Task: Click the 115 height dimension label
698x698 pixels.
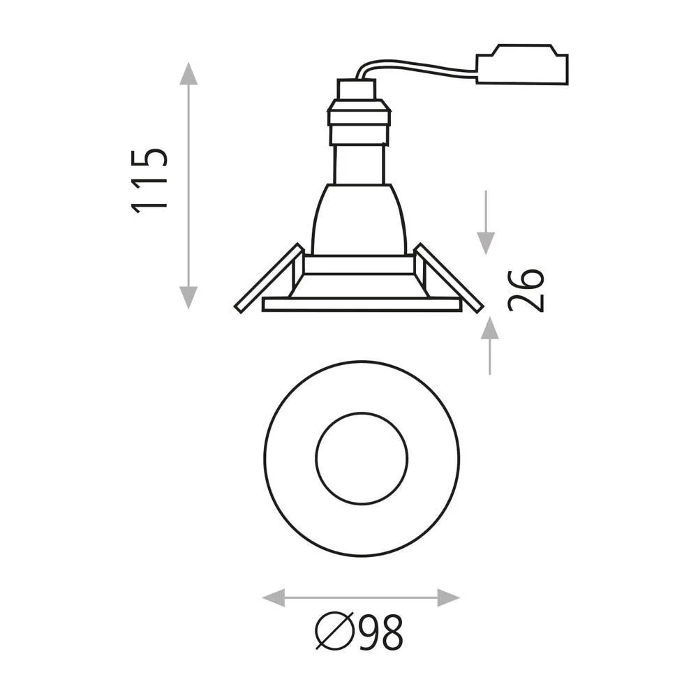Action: click(149, 180)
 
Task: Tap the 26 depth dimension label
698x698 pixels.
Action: click(526, 290)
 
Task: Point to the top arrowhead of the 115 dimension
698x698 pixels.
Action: click(188, 73)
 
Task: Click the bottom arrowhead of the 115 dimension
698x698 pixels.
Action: click(188, 298)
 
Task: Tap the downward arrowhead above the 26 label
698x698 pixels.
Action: click(486, 244)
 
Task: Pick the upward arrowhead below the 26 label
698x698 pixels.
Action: click(490, 327)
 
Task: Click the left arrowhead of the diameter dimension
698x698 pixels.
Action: click(274, 597)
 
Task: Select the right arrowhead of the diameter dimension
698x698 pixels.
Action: click(449, 597)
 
